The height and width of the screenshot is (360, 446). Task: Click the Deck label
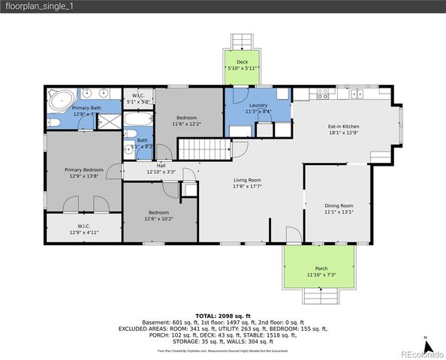[x=243, y=63]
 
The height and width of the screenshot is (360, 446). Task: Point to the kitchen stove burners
[x=323, y=94]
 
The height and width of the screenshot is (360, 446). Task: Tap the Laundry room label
[x=259, y=106]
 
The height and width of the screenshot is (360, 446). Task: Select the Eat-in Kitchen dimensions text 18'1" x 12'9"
[x=343, y=133]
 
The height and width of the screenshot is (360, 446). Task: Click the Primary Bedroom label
[x=83, y=170]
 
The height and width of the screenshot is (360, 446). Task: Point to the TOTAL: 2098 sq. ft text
[x=223, y=316]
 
